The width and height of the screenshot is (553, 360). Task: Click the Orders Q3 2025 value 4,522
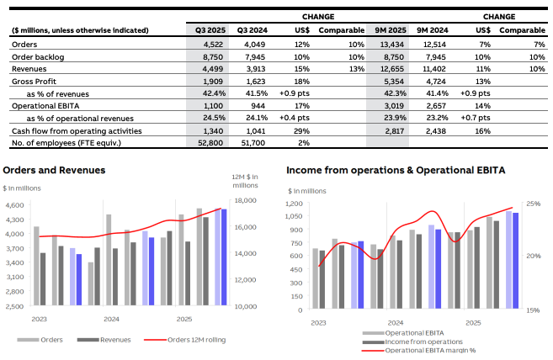tap(213, 44)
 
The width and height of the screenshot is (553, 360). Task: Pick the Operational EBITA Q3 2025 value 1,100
tap(213, 107)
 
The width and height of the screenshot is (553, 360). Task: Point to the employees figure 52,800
tap(210, 143)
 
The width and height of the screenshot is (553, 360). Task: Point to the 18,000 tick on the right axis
tap(244, 200)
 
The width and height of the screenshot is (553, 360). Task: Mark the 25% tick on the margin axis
tap(534, 204)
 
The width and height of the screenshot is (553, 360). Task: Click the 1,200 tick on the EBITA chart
tap(295, 204)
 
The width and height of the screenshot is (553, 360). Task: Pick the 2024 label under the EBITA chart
tap(394, 323)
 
